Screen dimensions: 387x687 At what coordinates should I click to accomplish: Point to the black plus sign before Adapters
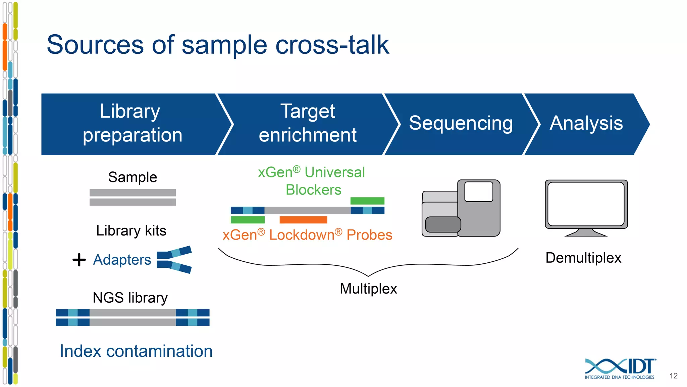pos(79,260)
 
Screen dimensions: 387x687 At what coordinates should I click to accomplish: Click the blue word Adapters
pos(122,260)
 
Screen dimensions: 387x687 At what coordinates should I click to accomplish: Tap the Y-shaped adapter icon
pos(174,260)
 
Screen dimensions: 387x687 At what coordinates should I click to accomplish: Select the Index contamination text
pos(136,351)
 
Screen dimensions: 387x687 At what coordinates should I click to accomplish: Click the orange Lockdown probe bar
pos(303,220)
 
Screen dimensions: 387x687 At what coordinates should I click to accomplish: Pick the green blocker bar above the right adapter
pos(367,201)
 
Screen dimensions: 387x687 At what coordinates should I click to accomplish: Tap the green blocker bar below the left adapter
pos(248,220)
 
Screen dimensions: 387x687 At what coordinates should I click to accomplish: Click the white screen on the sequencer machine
pos(479,191)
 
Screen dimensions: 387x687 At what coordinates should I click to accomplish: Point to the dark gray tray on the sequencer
pos(443,224)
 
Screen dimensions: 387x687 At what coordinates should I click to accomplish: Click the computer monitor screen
pos(586,204)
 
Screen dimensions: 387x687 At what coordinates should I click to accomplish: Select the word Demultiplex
pos(583,258)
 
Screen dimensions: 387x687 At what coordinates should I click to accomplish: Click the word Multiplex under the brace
pos(368,289)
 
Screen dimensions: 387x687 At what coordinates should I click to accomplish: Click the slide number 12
pos(673,376)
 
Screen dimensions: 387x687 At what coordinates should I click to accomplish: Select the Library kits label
pos(131,231)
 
